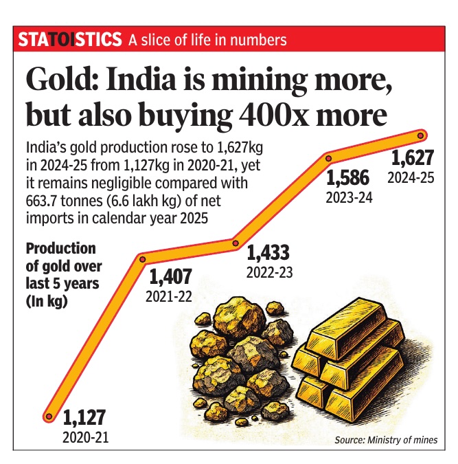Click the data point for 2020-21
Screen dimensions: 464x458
(48, 416)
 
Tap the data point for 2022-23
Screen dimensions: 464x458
(235, 242)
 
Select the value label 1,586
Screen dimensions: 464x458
(347, 179)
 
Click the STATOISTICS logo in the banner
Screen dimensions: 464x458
(70, 40)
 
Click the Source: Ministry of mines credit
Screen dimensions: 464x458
(385, 440)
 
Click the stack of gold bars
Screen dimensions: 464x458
(357, 357)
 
